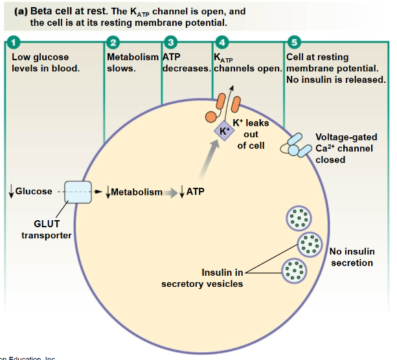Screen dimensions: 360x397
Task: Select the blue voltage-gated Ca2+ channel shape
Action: tap(295, 146)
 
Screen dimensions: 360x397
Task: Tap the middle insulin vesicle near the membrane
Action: tap(309, 245)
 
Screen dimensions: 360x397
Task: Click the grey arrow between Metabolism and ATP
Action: tap(171, 192)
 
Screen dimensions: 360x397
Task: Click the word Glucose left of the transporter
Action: tap(34, 192)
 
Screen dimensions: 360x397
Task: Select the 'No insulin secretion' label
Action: tap(352, 257)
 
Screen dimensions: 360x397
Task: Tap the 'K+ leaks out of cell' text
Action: tap(250, 134)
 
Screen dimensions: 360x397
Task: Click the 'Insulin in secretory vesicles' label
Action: tap(202, 278)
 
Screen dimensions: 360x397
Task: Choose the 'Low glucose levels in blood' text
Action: tap(45, 63)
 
